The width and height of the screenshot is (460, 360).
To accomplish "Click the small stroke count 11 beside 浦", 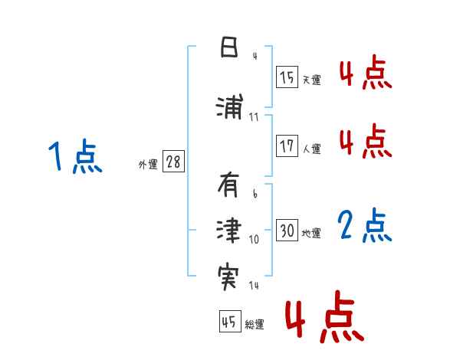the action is pyautogui.click(x=254, y=117).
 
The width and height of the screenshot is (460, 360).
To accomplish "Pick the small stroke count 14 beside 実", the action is pyautogui.click(x=254, y=286).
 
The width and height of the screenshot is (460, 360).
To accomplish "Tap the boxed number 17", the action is pyautogui.click(x=287, y=146).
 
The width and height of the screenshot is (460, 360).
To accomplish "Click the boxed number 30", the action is pyautogui.click(x=287, y=231).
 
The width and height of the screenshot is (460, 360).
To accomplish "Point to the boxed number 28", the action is pyautogui.click(x=173, y=162).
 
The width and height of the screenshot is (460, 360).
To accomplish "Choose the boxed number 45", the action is pyautogui.click(x=228, y=322).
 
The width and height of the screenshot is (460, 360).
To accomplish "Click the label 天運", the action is pyautogui.click(x=311, y=80).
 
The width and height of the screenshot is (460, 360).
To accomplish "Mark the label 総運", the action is pyautogui.click(x=254, y=325).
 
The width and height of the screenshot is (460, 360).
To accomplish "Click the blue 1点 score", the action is pyautogui.click(x=74, y=157).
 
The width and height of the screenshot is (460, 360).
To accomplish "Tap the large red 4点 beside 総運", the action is pyautogui.click(x=324, y=316).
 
